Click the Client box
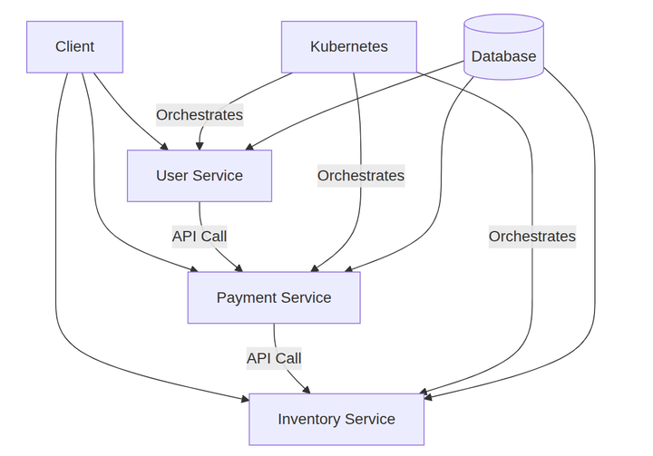click(x=74, y=47)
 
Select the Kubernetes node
click(x=349, y=47)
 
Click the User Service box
click(x=200, y=176)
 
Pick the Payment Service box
click(x=274, y=297)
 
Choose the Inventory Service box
click(x=336, y=419)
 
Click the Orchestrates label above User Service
click(x=200, y=115)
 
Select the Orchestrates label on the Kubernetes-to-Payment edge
click(x=361, y=176)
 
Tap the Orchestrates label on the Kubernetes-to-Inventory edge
click(x=532, y=237)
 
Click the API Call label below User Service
click(x=200, y=237)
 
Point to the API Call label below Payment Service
click(x=274, y=358)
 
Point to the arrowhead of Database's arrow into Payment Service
click(x=347, y=268)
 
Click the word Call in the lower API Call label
click(x=288, y=358)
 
